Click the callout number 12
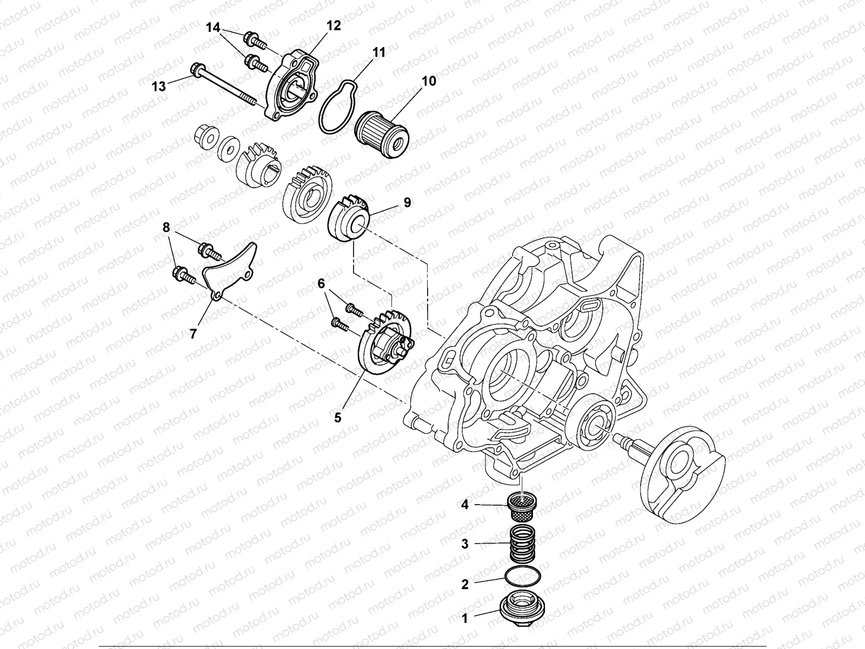pos(334,25)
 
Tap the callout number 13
pos(159,86)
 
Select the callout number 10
pos(428,81)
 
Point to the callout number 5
pos(338,418)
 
